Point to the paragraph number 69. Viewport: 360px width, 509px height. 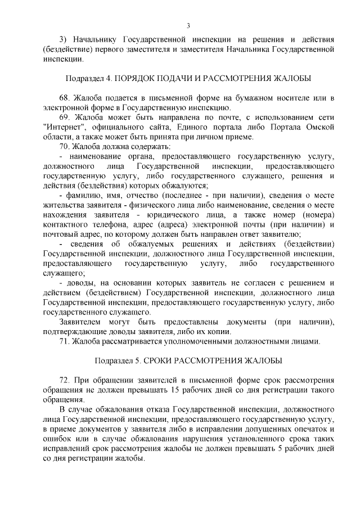click(x=65, y=117)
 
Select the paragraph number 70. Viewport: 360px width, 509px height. click(x=65, y=146)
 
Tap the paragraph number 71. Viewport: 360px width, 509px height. click(x=65, y=341)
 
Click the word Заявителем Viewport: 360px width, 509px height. click(x=79, y=322)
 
